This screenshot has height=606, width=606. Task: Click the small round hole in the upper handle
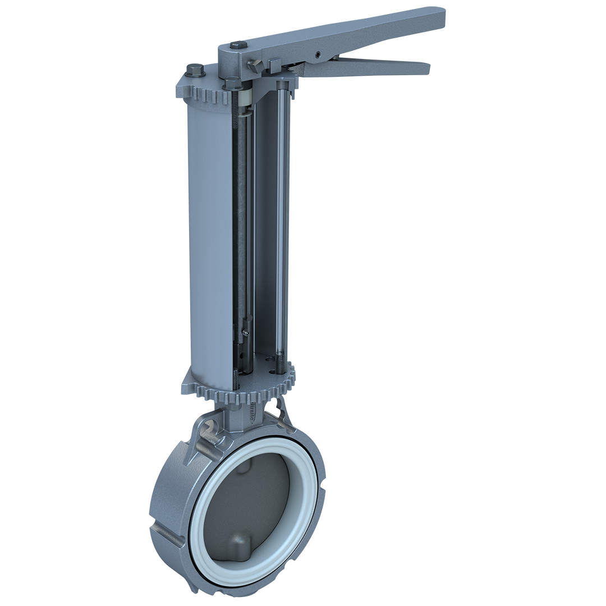[318, 55]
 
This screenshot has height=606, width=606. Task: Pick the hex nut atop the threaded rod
[231, 85]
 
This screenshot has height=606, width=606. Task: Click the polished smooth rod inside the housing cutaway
[281, 224]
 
